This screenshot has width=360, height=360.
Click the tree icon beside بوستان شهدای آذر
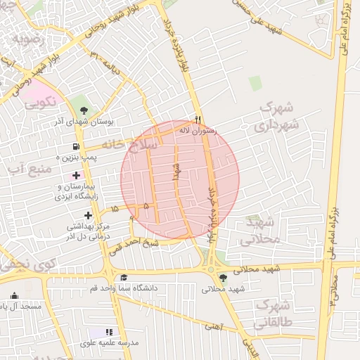84,110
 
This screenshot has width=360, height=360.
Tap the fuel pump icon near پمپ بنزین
75,147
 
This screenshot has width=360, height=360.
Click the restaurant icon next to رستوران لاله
198,120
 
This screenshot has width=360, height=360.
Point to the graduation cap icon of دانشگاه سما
124,277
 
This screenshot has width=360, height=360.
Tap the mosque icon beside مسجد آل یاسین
15,295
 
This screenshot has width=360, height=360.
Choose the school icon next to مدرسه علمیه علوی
109,331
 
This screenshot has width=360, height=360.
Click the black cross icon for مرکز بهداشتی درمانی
88,215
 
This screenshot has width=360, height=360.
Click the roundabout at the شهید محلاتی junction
210,269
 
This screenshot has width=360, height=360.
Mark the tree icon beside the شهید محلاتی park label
223,277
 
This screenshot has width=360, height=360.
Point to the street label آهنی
212,326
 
